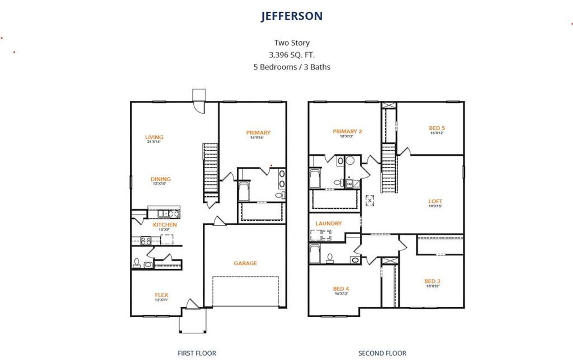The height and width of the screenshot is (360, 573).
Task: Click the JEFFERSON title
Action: (x=291, y=16)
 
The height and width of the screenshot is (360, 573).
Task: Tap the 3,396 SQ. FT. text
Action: (x=291, y=55)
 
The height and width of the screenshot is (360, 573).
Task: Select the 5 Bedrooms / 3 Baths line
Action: (x=291, y=67)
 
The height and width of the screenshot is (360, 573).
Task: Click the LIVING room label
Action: (x=154, y=137)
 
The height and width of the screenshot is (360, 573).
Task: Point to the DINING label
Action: (x=160, y=179)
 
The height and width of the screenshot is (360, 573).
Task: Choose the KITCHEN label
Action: (x=165, y=224)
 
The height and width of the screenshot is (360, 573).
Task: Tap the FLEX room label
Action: (x=161, y=295)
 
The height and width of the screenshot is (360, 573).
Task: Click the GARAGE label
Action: (x=245, y=263)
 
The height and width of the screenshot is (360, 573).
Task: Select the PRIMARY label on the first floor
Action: (x=258, y=133)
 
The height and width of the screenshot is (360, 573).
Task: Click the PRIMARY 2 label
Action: (x=347, y=131)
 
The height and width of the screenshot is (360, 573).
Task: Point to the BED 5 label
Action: (x=437, y=128)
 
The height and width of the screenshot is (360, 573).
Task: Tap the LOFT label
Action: (x=435, y=201)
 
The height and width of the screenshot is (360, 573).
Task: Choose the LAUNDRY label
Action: (x=329, y=223)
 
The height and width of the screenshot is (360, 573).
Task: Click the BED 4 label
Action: (x=341, y=289)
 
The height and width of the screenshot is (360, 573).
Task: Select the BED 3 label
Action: (x=432, y=281)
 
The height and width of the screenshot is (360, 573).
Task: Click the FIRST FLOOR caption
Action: (x=197, y=353)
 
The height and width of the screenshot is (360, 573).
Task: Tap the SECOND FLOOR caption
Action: (x=382, y=353)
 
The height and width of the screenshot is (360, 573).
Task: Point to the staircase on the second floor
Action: (x=389, y=168)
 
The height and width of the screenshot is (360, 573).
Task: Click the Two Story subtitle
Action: (x=292, y=43)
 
